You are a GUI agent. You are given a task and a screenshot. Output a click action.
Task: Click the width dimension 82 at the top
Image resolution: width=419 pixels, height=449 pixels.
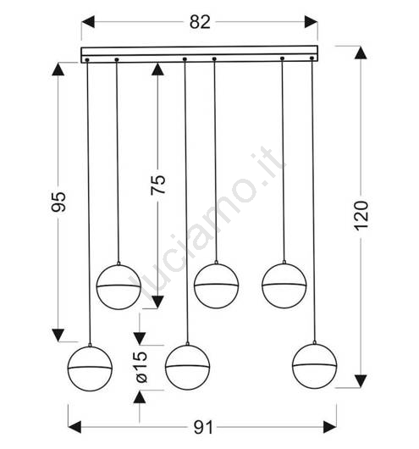(x=200, y=22)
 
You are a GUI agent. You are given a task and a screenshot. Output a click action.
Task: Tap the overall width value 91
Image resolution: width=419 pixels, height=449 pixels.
(x=203, y=428)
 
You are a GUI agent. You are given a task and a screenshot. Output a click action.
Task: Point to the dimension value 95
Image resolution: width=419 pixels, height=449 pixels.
(x=58, y=202)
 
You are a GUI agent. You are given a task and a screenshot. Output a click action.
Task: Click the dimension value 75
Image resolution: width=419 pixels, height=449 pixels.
(x=158, y=185)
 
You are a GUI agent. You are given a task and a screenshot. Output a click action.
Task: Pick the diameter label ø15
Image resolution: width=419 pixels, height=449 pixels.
(x=141, y=367)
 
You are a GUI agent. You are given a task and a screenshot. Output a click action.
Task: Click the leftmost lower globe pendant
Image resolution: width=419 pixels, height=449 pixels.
(x=90, y=369)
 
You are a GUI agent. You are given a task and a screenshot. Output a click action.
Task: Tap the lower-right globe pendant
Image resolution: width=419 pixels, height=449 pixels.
(x=315, y=366)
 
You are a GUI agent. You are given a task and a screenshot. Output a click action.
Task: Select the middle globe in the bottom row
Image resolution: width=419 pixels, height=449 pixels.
(x=187, y=367)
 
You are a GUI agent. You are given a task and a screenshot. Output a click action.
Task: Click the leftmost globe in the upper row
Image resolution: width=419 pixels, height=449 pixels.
(x=119, y=287)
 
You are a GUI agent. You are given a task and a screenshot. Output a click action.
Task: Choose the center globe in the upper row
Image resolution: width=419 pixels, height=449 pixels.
(x=216, y=285)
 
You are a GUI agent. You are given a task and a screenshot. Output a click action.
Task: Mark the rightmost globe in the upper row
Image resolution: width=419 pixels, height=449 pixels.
(x=284, y=285)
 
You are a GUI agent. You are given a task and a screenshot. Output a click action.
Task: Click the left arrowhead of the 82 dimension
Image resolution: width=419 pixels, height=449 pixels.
(x=88, y=22)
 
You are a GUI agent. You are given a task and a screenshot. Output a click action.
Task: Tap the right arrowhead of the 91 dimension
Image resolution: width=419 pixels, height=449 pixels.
(x=330, y=427)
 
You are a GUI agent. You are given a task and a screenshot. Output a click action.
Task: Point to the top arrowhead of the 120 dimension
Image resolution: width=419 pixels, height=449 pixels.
(x=361, y=53)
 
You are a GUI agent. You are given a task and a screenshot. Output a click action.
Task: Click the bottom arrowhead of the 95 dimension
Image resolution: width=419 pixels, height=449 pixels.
(x=58, y=335)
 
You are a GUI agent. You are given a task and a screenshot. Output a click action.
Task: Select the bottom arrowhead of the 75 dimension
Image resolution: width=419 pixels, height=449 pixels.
(x=157, y=302)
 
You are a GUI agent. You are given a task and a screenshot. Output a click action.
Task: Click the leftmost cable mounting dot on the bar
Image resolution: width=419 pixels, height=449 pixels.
(x=87, y=60)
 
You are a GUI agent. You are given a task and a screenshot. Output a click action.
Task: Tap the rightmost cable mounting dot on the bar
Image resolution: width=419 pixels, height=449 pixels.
(x=312, y=58)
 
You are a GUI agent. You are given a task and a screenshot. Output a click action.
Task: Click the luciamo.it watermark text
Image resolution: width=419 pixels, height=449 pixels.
(x=207, y=226)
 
